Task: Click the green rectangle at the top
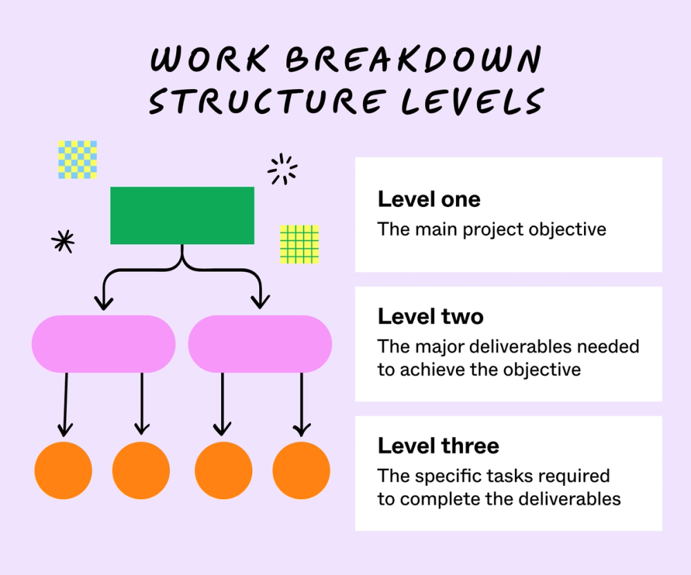click(182, 215)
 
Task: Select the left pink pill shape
click(104, 344)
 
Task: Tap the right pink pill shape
click(260, 344)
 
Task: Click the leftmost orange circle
click(64, 470)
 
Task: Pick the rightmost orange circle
click(301, 470)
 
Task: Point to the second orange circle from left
click(141, 470)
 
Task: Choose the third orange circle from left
click(223, 470)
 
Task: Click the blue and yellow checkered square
click(77, 159)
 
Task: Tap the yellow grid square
click(299, 244)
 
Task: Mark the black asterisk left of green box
click(63, 240)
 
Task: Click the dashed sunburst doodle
click(282, 169)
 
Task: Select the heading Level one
click(428, 200)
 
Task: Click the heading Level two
click(430, 317)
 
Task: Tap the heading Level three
click(438, 446)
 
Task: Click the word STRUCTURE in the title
click(265, 101)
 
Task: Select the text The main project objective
click(491, 229)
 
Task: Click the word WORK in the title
click(205, 60)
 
